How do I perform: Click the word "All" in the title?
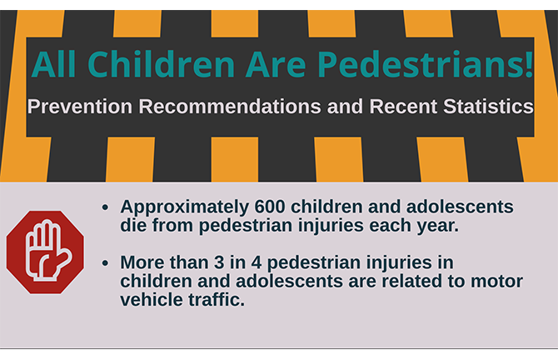click(x=53, y=64)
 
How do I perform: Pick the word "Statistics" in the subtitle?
click(x=487, y=107)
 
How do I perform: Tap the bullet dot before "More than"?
click(x=104, y=264)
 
